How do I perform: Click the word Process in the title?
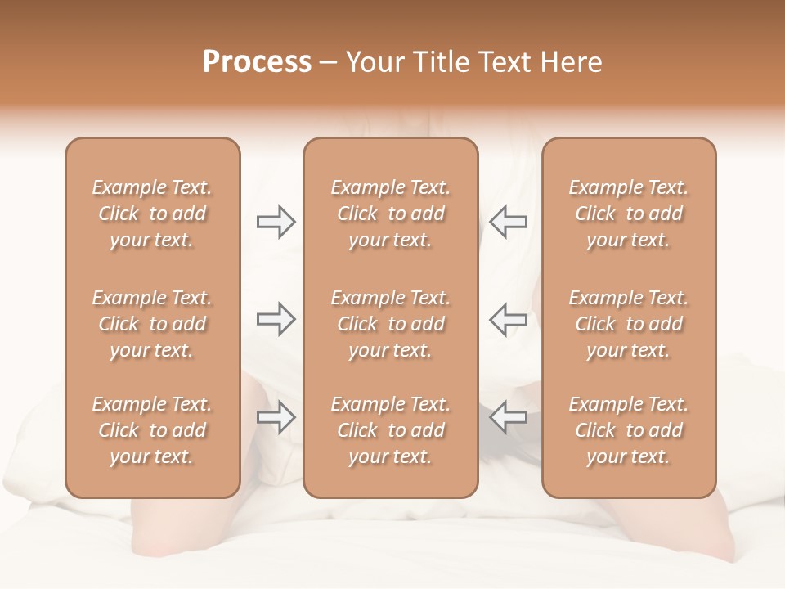tap(257, 62)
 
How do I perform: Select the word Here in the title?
tap(570, 62)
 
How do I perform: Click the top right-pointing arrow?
tap(276, 221)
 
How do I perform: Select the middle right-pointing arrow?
tap(276, 319)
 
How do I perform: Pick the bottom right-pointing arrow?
tap(276, 417)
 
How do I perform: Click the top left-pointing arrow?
tap(509, 221)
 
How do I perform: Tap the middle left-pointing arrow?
tap(509, 319)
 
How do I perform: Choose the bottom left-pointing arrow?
tap(509, 417)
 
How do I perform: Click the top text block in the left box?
tap(152, 214)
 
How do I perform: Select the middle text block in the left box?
tap(152, 324)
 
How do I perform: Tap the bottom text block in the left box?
tap(152, 430)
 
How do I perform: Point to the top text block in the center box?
tap(390, 214)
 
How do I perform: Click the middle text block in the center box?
tap(390, 324)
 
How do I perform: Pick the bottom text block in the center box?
tap(390, 430)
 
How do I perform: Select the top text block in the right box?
tap(628, 214)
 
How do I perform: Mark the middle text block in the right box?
tap(628, 324)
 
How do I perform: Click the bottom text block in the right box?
tap(628, 430)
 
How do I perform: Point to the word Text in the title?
tap(505, 62)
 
